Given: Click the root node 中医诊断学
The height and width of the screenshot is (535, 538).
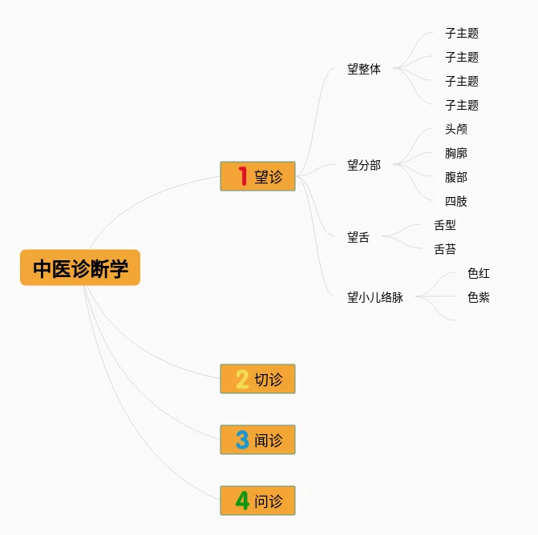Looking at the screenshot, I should tap(80, 267).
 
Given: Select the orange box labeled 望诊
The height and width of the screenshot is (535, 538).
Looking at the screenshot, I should tap(258, 176).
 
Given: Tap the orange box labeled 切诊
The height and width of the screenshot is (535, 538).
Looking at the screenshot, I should tap(258, 379).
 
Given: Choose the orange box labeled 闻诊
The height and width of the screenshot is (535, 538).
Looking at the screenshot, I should tap(258, 440).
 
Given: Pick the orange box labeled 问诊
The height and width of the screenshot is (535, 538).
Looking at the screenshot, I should tap(258, 501).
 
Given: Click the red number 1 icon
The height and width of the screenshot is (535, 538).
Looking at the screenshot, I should tap(243, 176).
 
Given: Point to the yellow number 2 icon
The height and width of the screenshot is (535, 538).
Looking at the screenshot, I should tap(242, 379).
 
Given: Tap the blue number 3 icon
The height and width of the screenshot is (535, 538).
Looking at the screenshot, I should tap(242, 440).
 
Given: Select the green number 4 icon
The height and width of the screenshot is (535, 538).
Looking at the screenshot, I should tap(242, 501).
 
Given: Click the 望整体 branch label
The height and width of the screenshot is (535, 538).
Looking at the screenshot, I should tap(364, 69).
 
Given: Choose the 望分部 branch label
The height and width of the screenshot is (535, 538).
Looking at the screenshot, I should tap(364, 165).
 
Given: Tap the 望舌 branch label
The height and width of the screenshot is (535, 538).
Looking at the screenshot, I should tap(358, 237).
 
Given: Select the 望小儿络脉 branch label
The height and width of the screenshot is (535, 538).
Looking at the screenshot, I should tap(375, 297).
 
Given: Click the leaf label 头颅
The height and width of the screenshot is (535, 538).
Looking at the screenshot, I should tap(456, 129).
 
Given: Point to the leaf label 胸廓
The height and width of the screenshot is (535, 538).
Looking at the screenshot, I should tap(456, 153).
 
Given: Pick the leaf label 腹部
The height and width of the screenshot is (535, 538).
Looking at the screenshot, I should tap(456, 177).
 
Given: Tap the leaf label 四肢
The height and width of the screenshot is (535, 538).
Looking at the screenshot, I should tap(456, 201).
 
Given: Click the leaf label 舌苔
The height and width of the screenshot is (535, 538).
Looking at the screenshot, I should tap(445, 249).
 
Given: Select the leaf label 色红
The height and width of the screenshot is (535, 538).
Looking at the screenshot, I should tap(479, 273).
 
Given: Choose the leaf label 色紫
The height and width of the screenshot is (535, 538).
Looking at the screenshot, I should tap(479, 297).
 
